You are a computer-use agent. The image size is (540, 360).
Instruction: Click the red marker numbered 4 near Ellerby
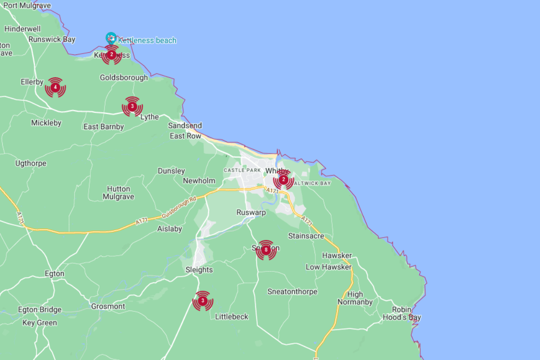pyautogui.click(x=55, y=87)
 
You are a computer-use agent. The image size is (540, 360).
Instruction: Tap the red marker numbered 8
pyautogui.click(x=266, y=250)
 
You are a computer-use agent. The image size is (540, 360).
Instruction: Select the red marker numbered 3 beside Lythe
pyautogui.click(x=132, y=107)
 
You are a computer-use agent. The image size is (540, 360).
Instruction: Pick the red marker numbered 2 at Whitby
pyautogui.click(x=283, y=180)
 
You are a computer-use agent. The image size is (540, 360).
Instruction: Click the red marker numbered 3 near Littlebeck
pyautogui.click(x=202, y=301)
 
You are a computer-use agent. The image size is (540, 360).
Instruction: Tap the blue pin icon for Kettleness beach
pyautogui.click(x=110, y=37)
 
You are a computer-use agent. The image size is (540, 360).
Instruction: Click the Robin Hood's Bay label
pyautogui.click(x=401, y=313)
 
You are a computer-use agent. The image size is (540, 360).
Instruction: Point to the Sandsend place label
pyautogui.click(x=185, y=126)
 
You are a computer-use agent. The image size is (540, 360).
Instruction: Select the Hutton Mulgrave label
pyautogui.click(x=118, y=193)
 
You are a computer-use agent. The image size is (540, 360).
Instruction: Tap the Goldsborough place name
pyautogui.click(x=124, y=77)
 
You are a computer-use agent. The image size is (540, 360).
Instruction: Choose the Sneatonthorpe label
pyautogui.click(x=292, y=292)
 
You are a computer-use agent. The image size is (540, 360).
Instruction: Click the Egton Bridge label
pyautogui.click(x=40, y=310)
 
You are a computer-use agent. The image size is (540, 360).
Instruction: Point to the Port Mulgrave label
pyautogui.click(x=27, y=6)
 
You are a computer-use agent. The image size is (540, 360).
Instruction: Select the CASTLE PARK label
pyautogui.click(x=243, y=170)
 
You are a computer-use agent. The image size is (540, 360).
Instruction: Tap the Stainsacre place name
pyautogui.click(x=306, y=236)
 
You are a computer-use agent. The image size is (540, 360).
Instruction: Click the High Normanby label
pyautogui.click(x=355, y=298)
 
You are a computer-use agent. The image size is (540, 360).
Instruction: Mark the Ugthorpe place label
pyautogui.click(x=31, y=163)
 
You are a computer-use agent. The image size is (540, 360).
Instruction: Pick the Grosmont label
pyautogui.click(x=108, y=306)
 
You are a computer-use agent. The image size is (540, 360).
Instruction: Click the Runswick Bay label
pyautogui.click(x=52, y=39)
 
